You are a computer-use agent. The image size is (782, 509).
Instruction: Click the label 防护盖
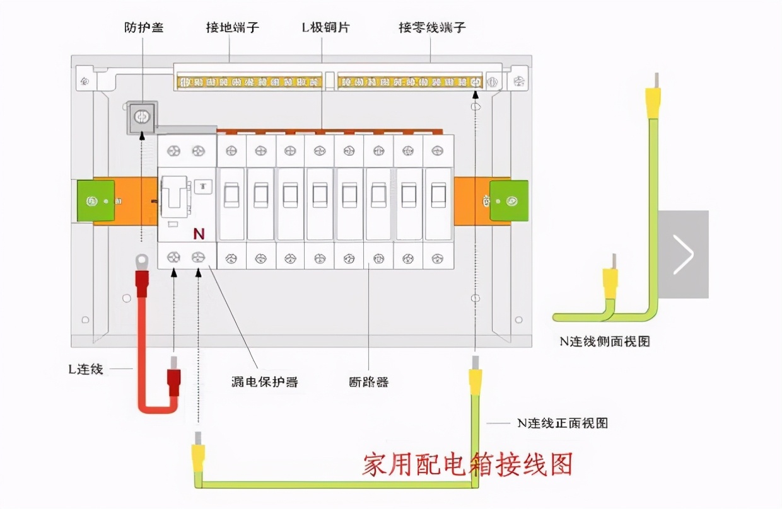pyautogui.click(x=144, y=28)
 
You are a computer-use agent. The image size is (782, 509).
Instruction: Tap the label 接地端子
pyautogui.click(x=232, y=28)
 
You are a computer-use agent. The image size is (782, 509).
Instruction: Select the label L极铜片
pyautogui.click(x=325, y=28)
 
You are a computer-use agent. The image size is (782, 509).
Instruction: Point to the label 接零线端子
pyautogui.click(x=433, y=28)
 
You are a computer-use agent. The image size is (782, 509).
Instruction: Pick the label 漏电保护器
pyautogui.click(x=264, y=382)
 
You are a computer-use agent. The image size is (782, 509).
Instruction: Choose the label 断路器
pyautogui.click(x=368, y=382)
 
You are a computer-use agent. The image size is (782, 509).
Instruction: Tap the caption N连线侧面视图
pyautogui.click(x=604, y=341)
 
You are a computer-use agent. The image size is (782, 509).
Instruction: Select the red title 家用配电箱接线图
pyautogui.click(x=467, y=464)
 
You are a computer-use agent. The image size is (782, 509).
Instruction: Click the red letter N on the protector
pyautogui.click(x=199, y=234)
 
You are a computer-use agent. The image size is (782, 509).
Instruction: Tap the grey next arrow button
pyautogui.click(x=683, y=254)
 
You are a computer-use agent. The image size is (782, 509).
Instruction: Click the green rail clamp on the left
pyautogui.click(x=95, y=201)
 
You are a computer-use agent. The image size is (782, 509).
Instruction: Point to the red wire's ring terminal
pyautogui.click(x=141, y=259)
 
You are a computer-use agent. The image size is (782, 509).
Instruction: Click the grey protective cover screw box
pyautogui.click(x=143, y=117)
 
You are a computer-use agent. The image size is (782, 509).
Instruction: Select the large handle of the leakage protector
pyautogui.click(x=174, y=197)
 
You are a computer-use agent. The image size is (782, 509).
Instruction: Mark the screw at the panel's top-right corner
pyautogui.click(x=519, y=81)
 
